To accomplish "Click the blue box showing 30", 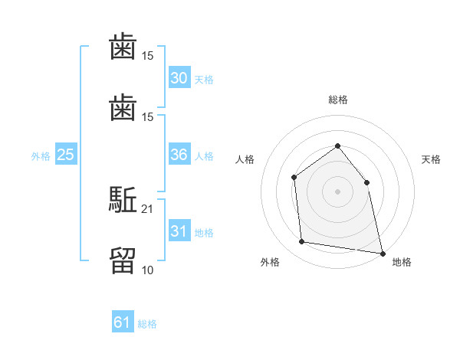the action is point(179,77).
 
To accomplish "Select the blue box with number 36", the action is point(179,154).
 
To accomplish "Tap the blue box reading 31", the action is point(179,231).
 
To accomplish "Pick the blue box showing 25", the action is point(66,154).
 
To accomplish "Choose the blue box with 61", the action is point(123,321).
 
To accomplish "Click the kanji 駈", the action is point(123,199).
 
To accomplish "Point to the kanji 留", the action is point(123,260).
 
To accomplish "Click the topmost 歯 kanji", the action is point(123,46).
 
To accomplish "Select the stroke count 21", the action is point(147,209).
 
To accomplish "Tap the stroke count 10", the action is point(147,270).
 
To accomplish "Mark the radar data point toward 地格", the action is point(383,254).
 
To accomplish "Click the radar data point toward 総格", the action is point(337,146).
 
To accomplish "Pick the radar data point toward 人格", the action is point(294,178).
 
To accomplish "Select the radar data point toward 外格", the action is point(301,241).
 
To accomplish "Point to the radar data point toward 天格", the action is point(366,182).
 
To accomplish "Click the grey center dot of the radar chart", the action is point(337,191).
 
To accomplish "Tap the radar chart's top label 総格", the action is point(338,100).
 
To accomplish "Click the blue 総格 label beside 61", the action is point(147,324).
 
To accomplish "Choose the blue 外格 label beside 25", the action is point(41,156).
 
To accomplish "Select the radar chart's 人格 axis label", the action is point(245,159).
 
